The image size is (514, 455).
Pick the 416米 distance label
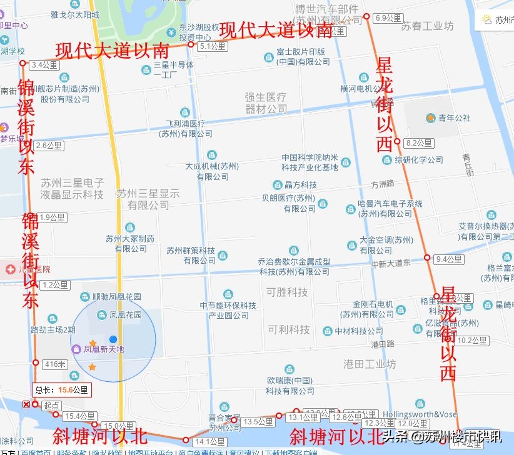pos(55,364)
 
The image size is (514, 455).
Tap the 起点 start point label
pos(51,405)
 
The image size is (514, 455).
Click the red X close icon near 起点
pos(26,404)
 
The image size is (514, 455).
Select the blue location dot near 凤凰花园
pos(113,339)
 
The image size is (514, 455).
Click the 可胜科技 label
pos(287,292)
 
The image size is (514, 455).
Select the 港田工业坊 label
pos(370,364)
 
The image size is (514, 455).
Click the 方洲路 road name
pos(383,184)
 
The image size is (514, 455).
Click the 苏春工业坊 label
pos(428,26)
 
